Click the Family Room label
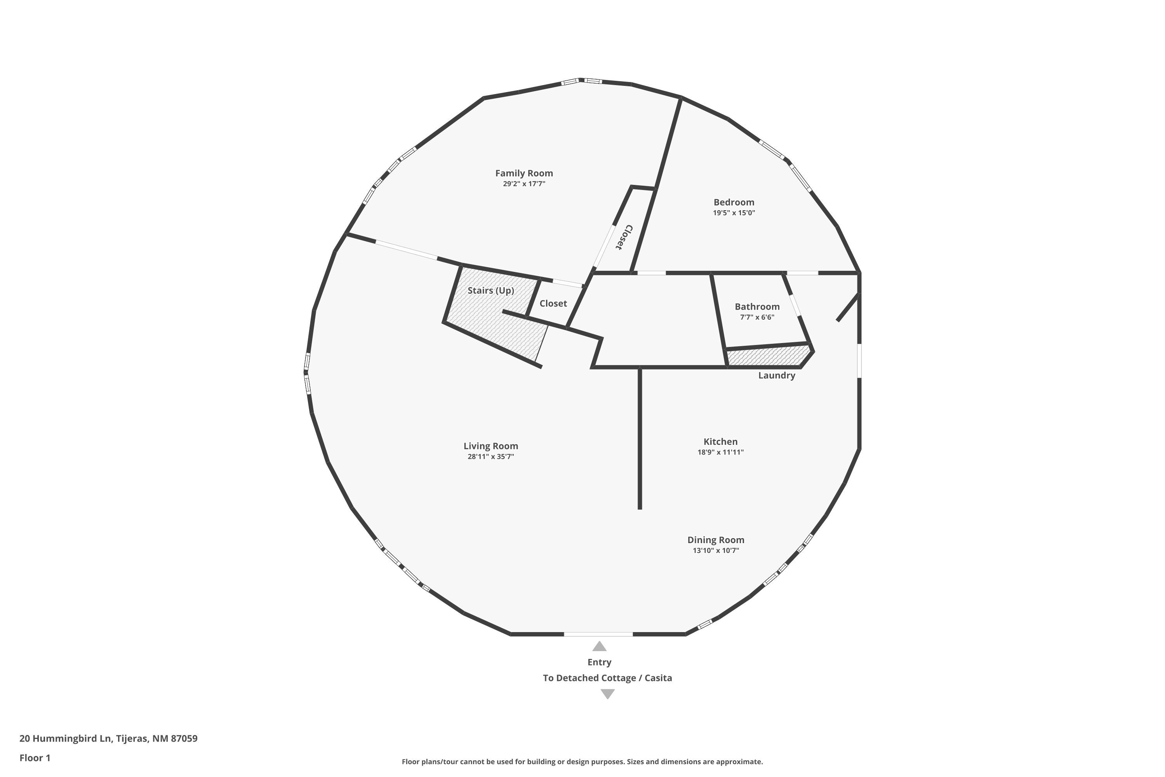pyautogui.click(x=524, y=173)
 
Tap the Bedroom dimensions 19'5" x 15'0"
pyautogui.click(x=734, y=213)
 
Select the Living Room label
pyautogui.click(x=491, y=446)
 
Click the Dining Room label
pyautogui.click(x=716, y=540)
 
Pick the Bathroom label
pyautogui.click(x=757, y=307)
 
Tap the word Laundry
pyautogui.click(x=777, y=376)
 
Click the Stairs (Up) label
pyautogui.click(x=491, y=290)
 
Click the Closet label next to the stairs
pyautogui.click(x=553, y=303)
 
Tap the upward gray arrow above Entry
pyautogui.click(x=599, y=646)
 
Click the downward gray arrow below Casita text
pyautogui.click(x=608, y=694)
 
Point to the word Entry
pyautogui.click(x=599, y=662)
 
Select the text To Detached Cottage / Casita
pyautogui.click(x=607, y=678)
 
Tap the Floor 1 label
pyautogui.click(x=35, y=758)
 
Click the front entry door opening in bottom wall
pyautogui.click(x=598, y=634)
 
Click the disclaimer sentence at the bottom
pyautogui.click(x=582, y=761)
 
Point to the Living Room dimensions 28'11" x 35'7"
pyautogui.click(x=491, y=457)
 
